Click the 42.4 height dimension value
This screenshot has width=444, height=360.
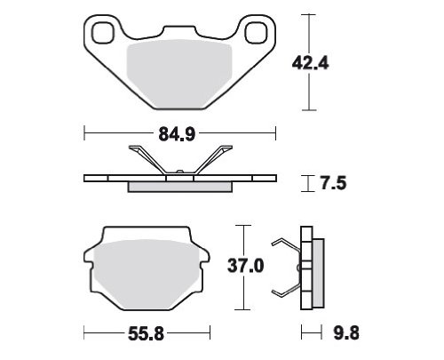point(310,63)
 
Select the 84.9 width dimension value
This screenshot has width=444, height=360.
point(177,133)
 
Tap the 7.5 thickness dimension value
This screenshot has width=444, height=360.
point(333,183)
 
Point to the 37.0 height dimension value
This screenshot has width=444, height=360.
point(245,266)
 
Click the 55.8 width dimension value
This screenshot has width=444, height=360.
point(146,334)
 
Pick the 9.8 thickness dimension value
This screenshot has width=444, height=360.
point(346,332)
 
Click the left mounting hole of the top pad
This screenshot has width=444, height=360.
point(103,33)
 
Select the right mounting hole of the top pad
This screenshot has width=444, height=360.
point(256,33)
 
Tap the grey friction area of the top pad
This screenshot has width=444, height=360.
point(179,74)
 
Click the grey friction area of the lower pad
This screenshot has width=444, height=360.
point(146,274)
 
